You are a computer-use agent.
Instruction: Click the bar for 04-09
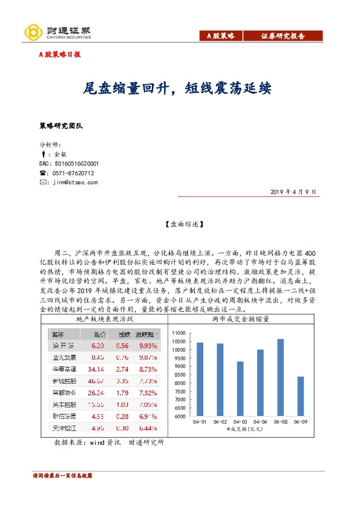pos(300,396)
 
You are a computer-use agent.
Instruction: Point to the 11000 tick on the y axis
pos(180,333)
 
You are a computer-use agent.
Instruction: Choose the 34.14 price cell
pos(97,368)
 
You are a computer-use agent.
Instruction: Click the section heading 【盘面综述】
pos(180,224)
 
